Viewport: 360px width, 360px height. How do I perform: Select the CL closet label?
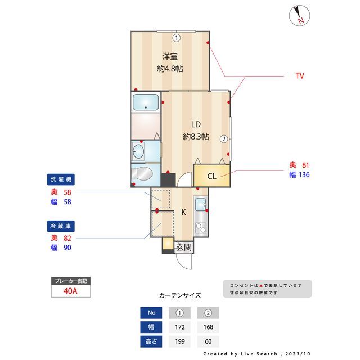coord(211,176)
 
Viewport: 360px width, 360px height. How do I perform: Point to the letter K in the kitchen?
coord(183,212)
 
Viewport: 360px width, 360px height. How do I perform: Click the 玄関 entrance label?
coord(184,246)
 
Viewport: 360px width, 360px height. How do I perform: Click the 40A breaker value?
coord(70,291)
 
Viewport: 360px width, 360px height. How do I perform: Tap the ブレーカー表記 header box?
coord(70,281)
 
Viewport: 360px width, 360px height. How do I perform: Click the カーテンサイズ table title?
coord(180,295)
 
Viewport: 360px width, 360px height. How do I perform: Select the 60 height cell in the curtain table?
coord(208,341)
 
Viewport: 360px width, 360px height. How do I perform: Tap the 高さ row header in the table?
coord(151,341)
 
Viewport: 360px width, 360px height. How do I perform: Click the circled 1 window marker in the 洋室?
coord(176,38)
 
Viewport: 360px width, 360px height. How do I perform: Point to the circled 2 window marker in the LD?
coord(223,138)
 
